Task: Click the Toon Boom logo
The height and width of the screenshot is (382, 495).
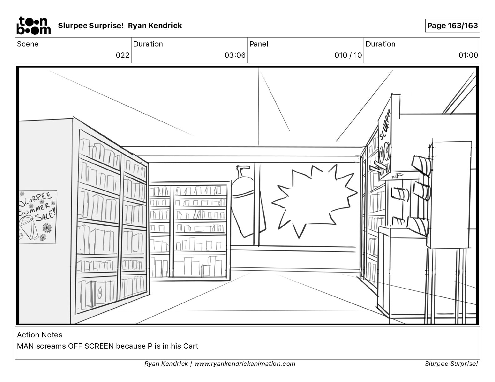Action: [x=33, y=26]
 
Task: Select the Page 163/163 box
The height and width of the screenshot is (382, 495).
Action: [x=452, y=26]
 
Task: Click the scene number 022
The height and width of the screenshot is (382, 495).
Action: [x=122, y=55]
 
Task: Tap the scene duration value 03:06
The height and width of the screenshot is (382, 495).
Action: [x=235, y=55]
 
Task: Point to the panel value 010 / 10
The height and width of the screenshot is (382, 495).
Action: [x=348, y=55]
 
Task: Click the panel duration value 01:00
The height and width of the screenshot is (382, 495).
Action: [x=468, y=55]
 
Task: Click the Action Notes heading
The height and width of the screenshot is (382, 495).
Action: [x=40, y=335]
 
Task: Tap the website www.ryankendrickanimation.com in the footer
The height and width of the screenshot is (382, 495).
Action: [x=245, y=364]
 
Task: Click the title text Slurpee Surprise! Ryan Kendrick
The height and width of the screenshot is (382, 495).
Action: [x=120, y=26]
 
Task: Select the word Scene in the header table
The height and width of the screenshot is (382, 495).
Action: [x=28, y=44]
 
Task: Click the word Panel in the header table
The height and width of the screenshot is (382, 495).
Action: [x=259, y=44]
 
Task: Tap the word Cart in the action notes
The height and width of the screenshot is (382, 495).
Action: [x=191, y=346]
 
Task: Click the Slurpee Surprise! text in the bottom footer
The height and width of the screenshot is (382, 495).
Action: [x=451, y=364]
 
